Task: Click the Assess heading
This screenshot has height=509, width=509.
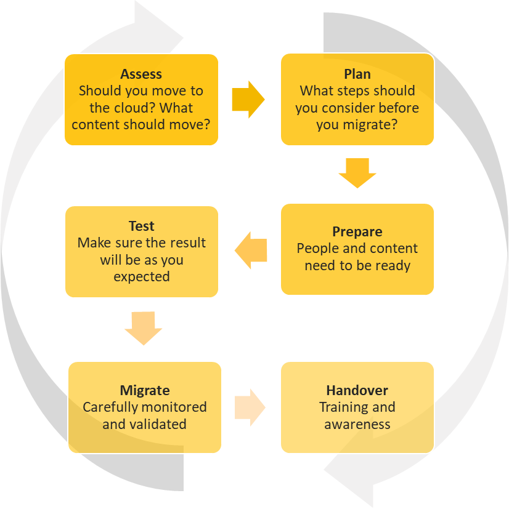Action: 141,74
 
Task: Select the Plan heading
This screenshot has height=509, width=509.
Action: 357,74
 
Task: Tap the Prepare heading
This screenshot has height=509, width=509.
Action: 357,232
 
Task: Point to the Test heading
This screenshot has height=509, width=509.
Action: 141,226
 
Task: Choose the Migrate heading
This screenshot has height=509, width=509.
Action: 144,390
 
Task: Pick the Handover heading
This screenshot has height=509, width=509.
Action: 357,390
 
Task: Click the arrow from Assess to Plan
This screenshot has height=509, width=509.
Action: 248,98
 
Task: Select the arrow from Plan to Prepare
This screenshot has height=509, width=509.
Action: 357,172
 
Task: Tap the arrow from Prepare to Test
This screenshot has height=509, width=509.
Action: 251,250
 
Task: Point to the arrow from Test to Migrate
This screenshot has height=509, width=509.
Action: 143,328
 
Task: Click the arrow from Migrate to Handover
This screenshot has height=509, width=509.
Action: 250,407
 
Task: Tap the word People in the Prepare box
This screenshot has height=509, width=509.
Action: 316,249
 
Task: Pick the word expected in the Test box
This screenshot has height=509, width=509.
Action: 141,277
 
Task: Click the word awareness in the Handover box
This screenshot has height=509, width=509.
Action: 357,424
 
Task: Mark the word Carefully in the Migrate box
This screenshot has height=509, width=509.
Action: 109,407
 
